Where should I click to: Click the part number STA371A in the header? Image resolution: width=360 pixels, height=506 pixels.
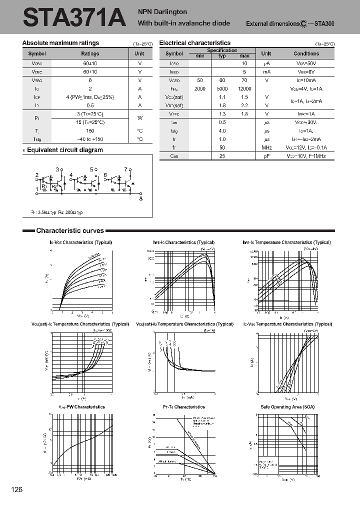(x=73, y=19)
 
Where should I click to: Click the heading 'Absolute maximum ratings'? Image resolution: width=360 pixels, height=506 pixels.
(x=61, y=43)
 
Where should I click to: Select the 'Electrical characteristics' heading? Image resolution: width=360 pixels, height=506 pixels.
(x=195, y=43)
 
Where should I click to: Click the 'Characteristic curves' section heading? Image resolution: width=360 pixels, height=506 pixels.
(x=70, y=230)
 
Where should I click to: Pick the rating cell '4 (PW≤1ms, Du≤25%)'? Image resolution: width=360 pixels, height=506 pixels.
(x=90, y=97)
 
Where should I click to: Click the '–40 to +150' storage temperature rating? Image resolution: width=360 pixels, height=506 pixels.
(x=90, y=139)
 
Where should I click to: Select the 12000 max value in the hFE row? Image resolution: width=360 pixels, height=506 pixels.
(x=244, y=88)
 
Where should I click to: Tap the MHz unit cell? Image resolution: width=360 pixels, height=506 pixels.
(x=266, y=148)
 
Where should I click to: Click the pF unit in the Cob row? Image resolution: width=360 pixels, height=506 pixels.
(x=266, y=156)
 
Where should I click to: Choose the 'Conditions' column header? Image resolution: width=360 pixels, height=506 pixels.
(x=306, y=53)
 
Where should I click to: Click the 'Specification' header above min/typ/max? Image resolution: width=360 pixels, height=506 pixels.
(x=222, y=50)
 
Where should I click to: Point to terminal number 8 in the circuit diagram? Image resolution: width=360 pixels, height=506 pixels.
(x=141, y=198)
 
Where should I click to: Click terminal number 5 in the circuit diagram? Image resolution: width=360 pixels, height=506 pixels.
(x=91, y=169)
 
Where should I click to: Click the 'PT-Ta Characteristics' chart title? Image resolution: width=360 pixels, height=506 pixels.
(x=184, y=407)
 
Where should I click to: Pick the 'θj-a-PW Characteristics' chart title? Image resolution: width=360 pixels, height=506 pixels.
(x=81, y=407)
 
